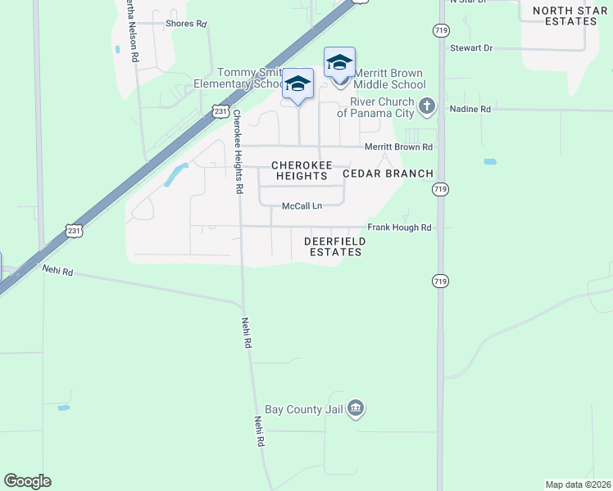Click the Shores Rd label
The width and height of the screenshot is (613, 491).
185,24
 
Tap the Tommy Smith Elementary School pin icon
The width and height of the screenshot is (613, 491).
297,83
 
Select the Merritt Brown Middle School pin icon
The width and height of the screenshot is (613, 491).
339,62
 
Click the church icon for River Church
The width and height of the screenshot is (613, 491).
426,106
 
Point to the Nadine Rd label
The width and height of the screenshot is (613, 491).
470,109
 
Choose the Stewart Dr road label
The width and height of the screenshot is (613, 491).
470,48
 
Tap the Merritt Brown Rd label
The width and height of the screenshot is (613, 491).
398,147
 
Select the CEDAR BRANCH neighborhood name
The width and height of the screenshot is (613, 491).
388,173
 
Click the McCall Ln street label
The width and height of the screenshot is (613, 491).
302,206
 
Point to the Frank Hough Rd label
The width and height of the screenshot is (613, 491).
399,227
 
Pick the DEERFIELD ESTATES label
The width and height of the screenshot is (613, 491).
333,246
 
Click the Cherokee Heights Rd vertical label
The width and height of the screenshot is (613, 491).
238,151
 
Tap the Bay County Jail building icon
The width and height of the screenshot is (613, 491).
355,408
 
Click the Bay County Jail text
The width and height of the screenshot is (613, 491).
303,408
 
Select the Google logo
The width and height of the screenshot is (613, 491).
27,481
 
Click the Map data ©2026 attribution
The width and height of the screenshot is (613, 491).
577,484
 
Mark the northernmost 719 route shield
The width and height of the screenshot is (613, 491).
440,29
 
